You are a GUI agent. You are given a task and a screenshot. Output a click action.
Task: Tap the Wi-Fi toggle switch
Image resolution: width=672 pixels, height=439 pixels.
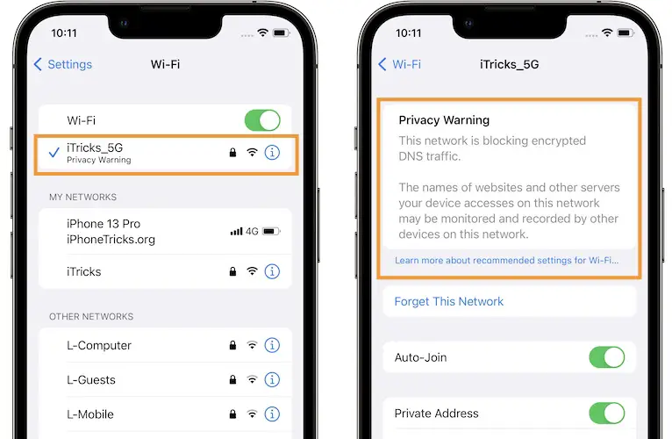point(262,120)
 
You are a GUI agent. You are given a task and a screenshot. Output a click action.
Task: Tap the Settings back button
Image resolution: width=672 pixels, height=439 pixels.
point(63,64)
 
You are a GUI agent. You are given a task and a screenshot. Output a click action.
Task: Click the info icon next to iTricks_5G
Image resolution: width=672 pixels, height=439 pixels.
point(272,153)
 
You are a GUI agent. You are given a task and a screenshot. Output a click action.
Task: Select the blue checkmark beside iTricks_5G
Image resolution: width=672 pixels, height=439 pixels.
point(54,153)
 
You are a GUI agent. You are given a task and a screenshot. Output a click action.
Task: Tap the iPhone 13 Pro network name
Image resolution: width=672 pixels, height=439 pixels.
point(103,224)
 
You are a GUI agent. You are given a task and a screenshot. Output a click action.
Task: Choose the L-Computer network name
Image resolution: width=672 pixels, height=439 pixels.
point(99,346)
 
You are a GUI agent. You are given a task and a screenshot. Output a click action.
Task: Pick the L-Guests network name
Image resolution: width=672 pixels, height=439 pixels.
point(91,380)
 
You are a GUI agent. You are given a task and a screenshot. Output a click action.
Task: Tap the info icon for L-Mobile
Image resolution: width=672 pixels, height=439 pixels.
point(272,414)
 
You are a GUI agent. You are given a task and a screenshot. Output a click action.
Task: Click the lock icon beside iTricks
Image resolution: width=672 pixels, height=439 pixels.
point(232,272)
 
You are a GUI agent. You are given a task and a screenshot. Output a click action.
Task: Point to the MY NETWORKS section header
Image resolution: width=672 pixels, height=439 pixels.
point(82,198)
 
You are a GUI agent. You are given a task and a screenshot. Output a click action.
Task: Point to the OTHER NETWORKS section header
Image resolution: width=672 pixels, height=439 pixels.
point(91,317)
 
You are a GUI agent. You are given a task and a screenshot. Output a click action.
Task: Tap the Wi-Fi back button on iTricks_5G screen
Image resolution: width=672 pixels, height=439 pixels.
point(400,64)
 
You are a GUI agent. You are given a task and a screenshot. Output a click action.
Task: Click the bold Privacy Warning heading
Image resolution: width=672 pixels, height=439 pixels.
point(444,120)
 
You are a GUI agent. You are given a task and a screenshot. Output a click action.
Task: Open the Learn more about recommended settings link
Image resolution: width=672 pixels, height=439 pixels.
point(506,260)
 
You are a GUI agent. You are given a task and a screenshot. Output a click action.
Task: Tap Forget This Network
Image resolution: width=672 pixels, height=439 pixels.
point(449,301)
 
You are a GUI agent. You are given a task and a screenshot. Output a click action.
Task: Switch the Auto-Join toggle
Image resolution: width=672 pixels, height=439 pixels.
point(606,357)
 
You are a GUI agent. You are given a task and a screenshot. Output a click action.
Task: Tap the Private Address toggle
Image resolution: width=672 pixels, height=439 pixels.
point(606,414)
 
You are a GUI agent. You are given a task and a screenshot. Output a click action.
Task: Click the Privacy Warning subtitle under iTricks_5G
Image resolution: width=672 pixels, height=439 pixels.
point(98,161)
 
